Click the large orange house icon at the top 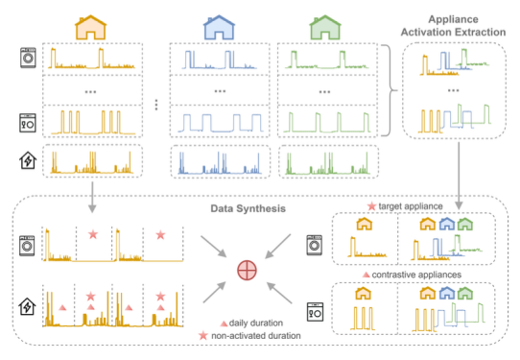coord(90,28)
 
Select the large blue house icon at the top coord(219,28)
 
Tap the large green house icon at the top coord(325,28)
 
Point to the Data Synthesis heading coord(248,208)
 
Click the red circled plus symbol coord(248,270)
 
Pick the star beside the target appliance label coord(371,206)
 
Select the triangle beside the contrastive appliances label coord(366,275)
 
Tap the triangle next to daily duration coord(224,324)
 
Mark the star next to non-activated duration coord(203,336)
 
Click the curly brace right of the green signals coord(389,90)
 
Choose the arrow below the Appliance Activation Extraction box coord(459,177)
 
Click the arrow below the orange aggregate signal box coord(92,198)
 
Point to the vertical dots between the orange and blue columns coord(156,105)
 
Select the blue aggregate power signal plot coord(220,163)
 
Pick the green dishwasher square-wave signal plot coord(327,123)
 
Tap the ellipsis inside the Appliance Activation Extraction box coord(453,90)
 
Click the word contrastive coord(393,275)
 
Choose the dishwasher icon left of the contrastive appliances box coord(315,312)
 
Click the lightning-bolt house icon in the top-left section coord(28,160)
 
